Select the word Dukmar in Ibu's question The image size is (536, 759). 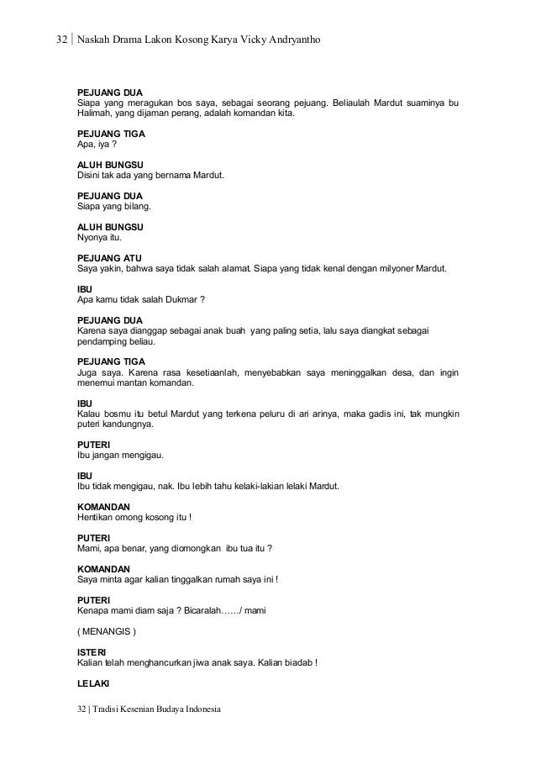coord(176,299)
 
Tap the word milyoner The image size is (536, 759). coord(394,268)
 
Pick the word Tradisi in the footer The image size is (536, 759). coord(110,709)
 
